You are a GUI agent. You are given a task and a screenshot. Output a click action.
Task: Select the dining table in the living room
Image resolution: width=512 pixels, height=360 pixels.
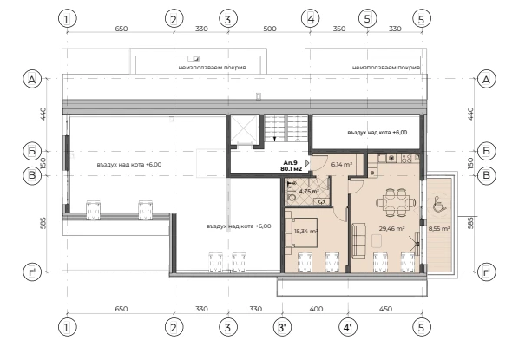pos(396,203)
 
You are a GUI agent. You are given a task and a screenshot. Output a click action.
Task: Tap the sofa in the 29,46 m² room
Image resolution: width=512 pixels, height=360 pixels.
pos(358,240)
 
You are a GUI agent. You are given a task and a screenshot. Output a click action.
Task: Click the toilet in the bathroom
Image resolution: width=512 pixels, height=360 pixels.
pos(292,198)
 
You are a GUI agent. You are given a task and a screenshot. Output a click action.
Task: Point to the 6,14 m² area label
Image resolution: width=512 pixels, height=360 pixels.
pos(342,165)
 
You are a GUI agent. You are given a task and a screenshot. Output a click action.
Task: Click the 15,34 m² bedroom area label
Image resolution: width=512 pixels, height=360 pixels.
pos(306,232)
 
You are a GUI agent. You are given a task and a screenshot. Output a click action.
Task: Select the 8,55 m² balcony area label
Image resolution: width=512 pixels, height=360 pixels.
pos(439,229)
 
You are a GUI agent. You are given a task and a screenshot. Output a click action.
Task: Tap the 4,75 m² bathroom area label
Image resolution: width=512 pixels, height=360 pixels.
pos(309,191)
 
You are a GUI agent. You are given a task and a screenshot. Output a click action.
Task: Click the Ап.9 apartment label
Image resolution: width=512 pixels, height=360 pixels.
pos(291,162)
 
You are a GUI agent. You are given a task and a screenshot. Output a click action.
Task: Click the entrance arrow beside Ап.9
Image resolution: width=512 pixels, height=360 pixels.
pos(307,163)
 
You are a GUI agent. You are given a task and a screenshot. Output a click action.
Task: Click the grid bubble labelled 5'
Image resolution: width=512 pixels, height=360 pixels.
pos(368,18)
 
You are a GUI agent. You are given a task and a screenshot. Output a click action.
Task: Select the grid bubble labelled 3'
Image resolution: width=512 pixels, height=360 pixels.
pos(282,327)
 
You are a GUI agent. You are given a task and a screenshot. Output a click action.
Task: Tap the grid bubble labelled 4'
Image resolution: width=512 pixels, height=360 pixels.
pos(348,327)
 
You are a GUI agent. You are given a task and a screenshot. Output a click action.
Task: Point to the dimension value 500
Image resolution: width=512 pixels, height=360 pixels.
pos(270,29)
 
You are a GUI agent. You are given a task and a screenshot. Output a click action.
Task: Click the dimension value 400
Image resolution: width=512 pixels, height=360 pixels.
pos(316,309)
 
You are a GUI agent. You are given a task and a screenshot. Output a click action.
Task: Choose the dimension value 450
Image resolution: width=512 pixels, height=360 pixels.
pos(385,309)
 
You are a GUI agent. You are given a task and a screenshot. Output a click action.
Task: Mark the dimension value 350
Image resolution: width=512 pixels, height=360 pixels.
pos(339,29)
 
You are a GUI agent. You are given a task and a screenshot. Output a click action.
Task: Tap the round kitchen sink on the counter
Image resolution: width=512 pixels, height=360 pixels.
pos(391,159)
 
